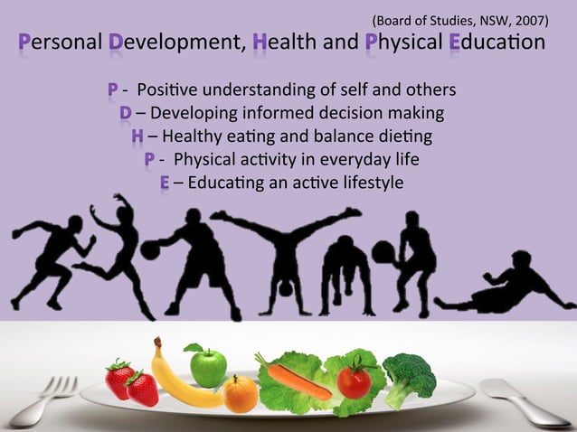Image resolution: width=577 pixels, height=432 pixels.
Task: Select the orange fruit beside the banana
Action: coord(240,394)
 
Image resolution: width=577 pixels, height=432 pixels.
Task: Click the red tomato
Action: coord(354,380)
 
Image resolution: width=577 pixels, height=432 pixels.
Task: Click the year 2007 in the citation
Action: coord(527,18)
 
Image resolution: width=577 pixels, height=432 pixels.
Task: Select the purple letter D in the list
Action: coord(125,114)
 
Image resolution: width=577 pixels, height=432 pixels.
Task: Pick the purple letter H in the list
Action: coord(137,137)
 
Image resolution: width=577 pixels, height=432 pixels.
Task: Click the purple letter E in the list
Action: coord(165,183)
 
